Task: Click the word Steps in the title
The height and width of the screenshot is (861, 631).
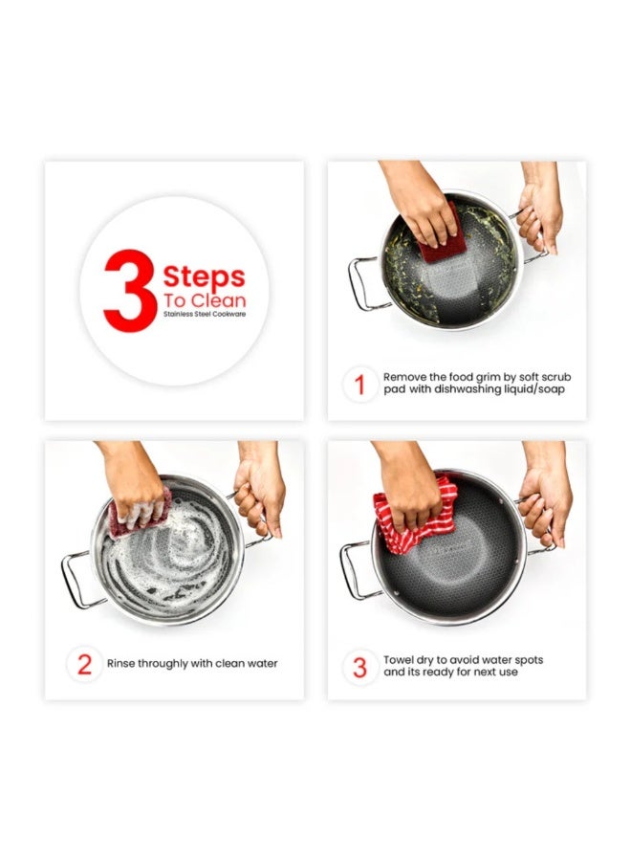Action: [x=204, y=277]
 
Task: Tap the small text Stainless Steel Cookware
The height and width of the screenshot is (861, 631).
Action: [x=204, y=314]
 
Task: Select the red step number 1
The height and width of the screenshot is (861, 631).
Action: [x=359, y=385]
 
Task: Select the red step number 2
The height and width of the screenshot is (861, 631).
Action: [x=84, y=665]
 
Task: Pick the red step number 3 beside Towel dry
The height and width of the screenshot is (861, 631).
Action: [x=359, y=668]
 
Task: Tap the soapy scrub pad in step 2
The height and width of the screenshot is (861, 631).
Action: [x=140, y=513]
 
